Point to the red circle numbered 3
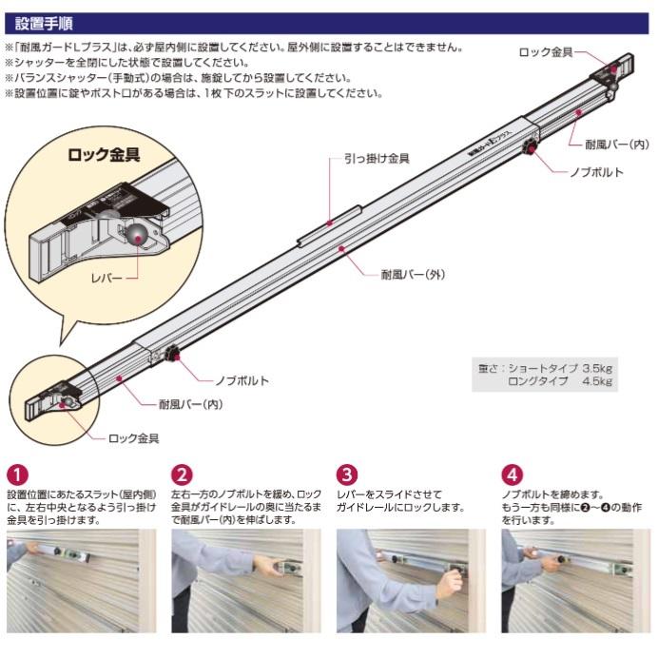(347, 473)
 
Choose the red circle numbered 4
(512, 473)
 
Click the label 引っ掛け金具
(377, 159)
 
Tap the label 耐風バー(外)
(412, 274)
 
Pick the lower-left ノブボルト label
(242, 380)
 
